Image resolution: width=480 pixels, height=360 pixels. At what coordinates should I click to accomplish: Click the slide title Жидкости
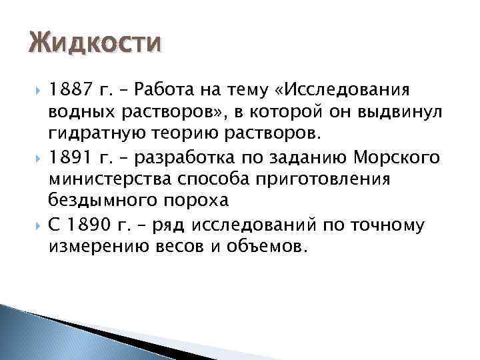pos(95,44)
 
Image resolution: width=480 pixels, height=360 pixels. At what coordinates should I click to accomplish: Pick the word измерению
pos(93,247)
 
